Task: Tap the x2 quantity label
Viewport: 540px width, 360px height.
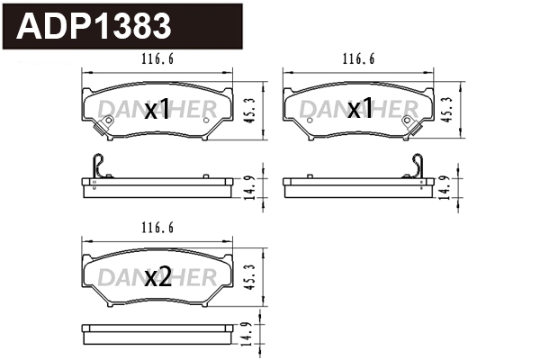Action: [x=157, y=278]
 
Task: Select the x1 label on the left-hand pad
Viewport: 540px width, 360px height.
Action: [x=157, y=111]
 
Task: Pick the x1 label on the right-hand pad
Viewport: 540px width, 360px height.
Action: [x=360, y=111]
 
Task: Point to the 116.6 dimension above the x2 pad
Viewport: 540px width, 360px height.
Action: [x=158, y=229]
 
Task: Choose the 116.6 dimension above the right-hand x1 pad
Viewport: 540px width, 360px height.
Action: [x=359, y=59]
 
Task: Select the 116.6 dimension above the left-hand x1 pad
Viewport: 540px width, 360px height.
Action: [x=158, y=59]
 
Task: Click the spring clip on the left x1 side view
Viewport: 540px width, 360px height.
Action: [x=100, y=166]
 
